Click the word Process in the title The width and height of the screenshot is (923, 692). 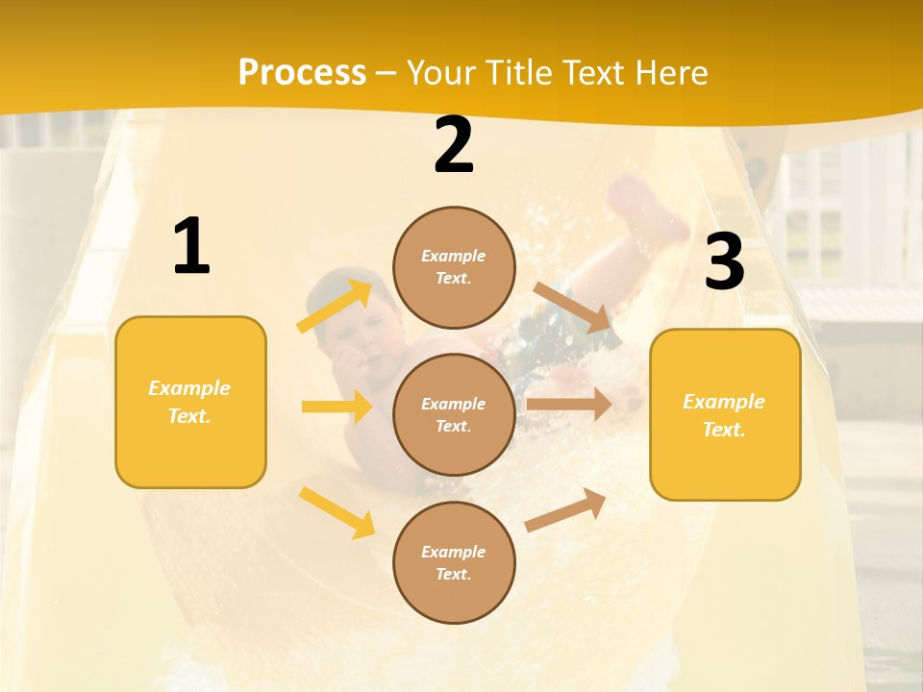(x=302, y=73)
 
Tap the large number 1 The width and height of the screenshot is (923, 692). (x=191, y=247)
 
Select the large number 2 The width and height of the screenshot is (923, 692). (x=454, y=146)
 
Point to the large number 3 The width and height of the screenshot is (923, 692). (x=724, y=262)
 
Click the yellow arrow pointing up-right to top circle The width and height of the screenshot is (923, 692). (x=336, y=306)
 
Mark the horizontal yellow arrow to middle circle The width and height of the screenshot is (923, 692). (x=337, y=407)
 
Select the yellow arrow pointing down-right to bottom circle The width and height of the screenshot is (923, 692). (x=337, y=512)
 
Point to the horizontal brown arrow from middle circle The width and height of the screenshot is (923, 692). (x=568, y=405)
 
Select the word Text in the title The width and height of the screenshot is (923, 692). (x=597, y=73)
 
